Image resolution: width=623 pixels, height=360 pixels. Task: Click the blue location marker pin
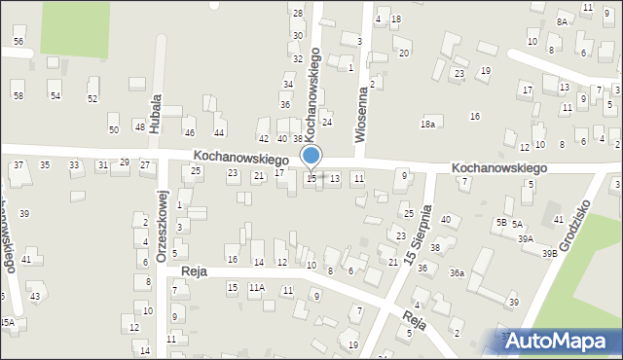(x=311, y=157)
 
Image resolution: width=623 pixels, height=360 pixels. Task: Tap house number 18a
(x=426, y=124)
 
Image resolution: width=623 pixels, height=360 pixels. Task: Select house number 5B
(x=500, y=222)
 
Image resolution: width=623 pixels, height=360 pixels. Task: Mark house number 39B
(x=550, y=253)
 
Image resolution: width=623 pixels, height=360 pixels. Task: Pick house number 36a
(x=456, y=273)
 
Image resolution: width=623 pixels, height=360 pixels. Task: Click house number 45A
(x=6, y=322)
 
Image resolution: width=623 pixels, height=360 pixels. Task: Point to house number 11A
(x=257, y=287)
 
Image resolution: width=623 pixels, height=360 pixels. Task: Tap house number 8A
(x=562, y=21)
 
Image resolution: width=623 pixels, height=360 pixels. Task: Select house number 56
(x=18, y=41)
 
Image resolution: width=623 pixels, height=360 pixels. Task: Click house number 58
(x=18, y=94)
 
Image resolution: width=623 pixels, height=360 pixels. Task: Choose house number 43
(x=34, y=296)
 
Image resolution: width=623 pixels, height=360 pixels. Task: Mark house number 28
(x=298, y=13)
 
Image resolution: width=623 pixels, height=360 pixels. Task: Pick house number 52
(x=92, y=98)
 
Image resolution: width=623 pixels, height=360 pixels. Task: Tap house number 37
(x=18, y=165)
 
